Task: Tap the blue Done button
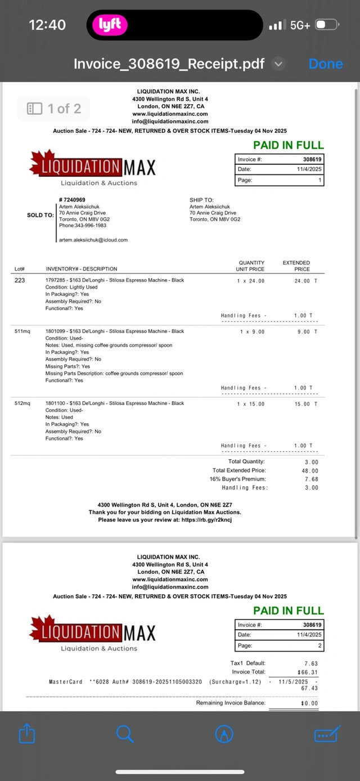(326, 64)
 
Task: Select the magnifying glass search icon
(124, 733)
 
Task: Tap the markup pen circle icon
(224, 733)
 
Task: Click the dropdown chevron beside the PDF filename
(278, 64)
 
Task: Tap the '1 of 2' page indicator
(55, 109)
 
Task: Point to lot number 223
(20, 280)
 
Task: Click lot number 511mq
(22, 331)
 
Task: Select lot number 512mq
(22, 403)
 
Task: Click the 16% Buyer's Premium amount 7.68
(311, 479)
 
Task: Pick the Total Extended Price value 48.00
(311, 470)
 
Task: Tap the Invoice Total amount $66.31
(308, 672)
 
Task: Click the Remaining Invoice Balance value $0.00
(309, 703)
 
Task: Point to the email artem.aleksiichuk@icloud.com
(93, 240)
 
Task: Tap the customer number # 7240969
(72, 200)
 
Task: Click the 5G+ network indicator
(300, 25)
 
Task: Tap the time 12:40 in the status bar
(47, 25)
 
